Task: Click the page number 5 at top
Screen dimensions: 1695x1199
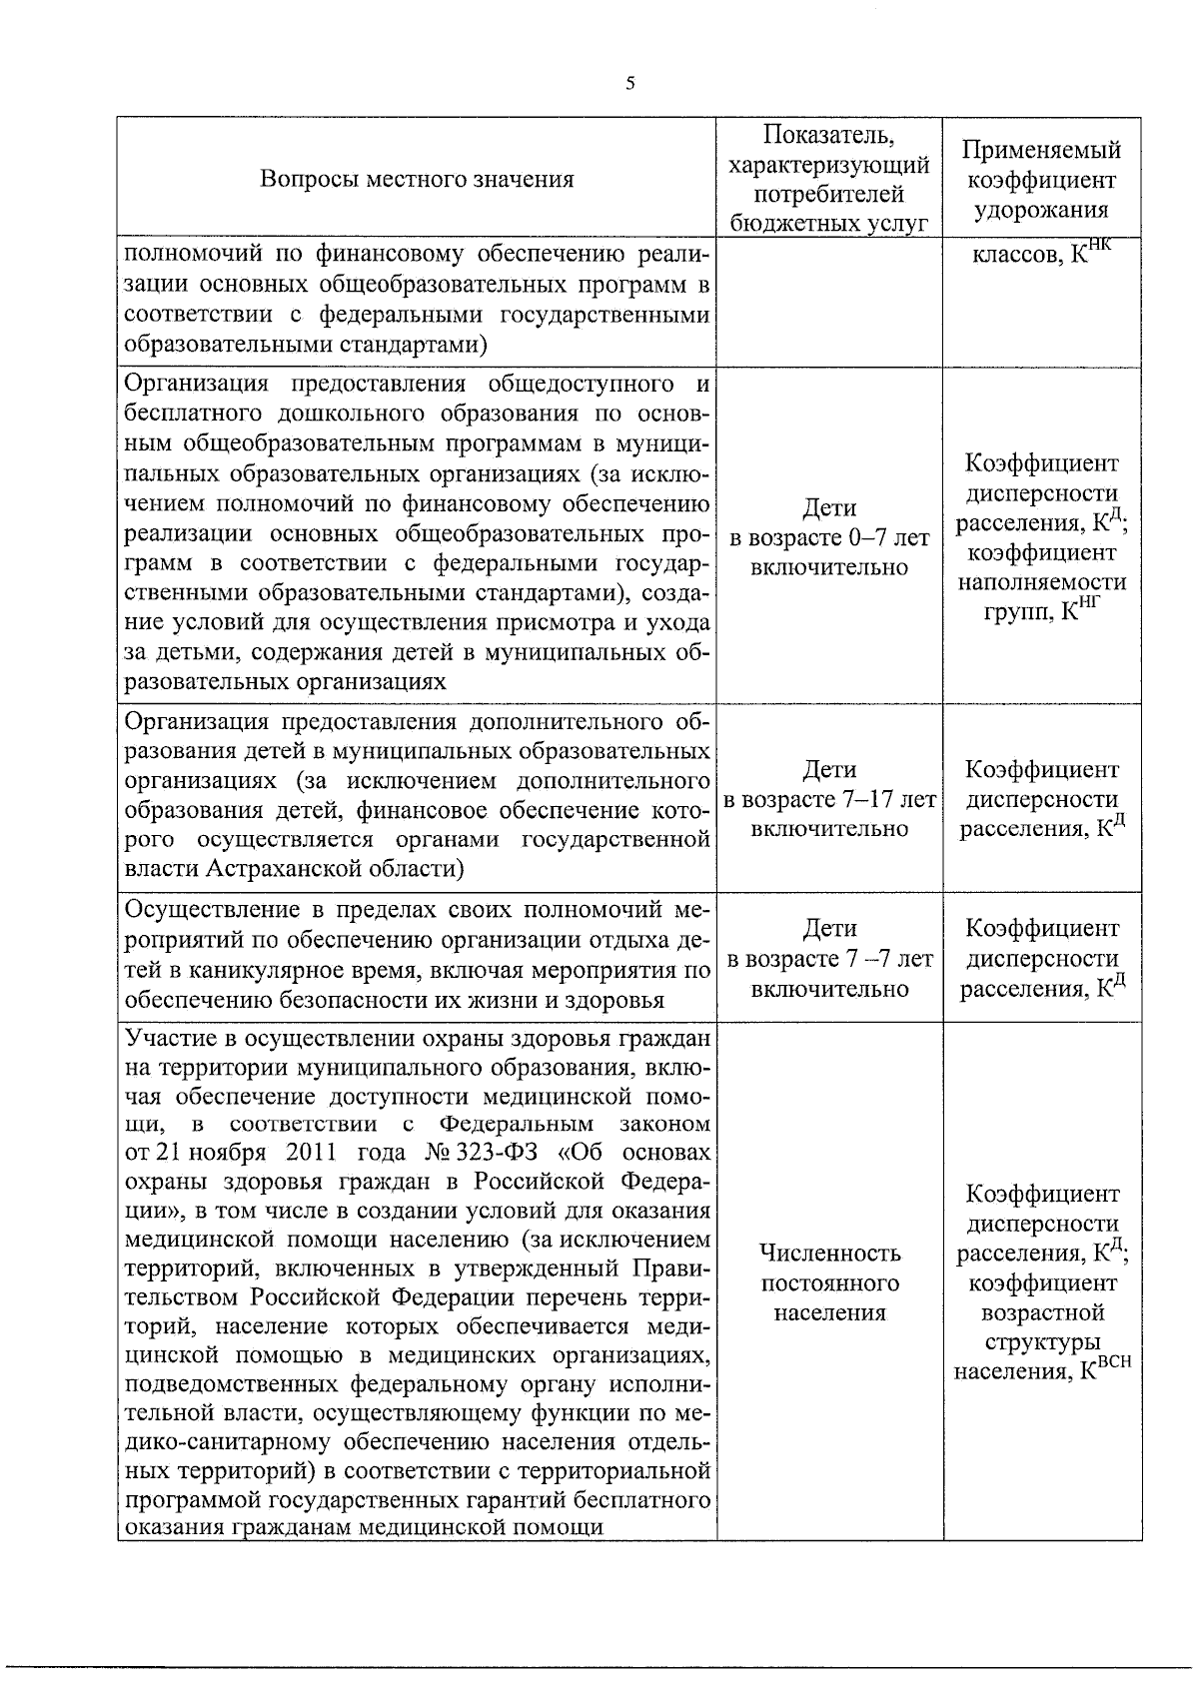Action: pos(629,85)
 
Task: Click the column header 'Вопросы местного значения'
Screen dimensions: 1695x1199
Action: pos(417,180)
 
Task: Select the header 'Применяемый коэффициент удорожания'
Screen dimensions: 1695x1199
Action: pos(1041,180)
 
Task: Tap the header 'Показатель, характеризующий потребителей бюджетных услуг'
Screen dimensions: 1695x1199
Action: pos(828,180)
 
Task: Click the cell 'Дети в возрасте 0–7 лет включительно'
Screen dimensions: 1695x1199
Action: pos(828,537)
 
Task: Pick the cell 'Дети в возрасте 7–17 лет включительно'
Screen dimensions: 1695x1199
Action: pos(828,799)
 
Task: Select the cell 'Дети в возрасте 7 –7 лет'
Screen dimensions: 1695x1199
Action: pos(828,959)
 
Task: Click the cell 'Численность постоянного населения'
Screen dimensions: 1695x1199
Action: pos(828,1281)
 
